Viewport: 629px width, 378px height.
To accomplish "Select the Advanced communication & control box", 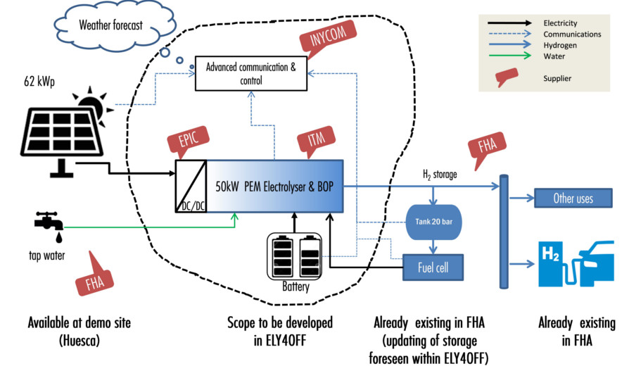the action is pyautogui.click(x=251, y=73).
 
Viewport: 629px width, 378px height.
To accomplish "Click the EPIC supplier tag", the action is pyautogui.click(x=188, y=141).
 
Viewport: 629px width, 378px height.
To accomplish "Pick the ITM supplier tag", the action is pyautogui.click(x=316, y=141).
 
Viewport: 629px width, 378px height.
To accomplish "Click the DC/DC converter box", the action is pyautogui.click(x=191, y=187).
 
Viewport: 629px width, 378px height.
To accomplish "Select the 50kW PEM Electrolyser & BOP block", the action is pyautogui.click(x=275, y=187).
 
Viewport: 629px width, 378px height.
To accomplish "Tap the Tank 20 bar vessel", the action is pyautogui.click(x=433, y=222).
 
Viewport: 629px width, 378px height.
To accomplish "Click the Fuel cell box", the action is pyautogui.click(x=433, y=267).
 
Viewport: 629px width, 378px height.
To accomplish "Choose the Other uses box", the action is pyautogui.click(x=573, y=198).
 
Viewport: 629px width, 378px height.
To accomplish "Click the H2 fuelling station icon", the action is pyautogui.click(x=576, y=264).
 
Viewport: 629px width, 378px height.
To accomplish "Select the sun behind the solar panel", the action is pyautogui.click(x=93, y=104).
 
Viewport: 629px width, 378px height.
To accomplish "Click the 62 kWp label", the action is pyautogui.click(x=39, y=82).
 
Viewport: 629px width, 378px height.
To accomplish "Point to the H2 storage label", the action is pyautogui.click(x=440, y=175).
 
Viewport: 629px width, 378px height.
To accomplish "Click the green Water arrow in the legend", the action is pyautogui.click(x=510, y=56).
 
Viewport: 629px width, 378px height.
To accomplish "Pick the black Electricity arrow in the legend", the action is pyautogui.click(x=510, y=23).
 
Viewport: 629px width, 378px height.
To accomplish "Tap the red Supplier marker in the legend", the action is pyautogui.click(x=507, y=77).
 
